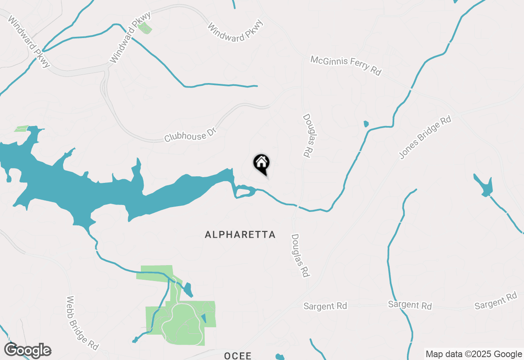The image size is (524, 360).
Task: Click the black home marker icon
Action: (x=261, y=164)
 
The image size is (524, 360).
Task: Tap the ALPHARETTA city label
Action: (x=240, y=235)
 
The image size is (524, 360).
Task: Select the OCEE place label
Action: (x=237, y=356)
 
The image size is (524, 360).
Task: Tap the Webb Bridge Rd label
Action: (x=82, y=323)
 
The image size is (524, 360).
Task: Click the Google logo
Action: (x=28, y=351)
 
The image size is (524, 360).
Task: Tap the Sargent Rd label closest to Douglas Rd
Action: (x=325, y=306)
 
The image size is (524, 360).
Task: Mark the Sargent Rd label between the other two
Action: (x=410, y=305)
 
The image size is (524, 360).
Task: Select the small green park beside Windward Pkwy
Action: (x=145, y=28)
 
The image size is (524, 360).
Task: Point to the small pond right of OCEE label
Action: (x=280, y=357)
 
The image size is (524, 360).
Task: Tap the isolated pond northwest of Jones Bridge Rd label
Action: (x=366, y=124)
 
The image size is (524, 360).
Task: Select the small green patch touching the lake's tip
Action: (x=21, y=128)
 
